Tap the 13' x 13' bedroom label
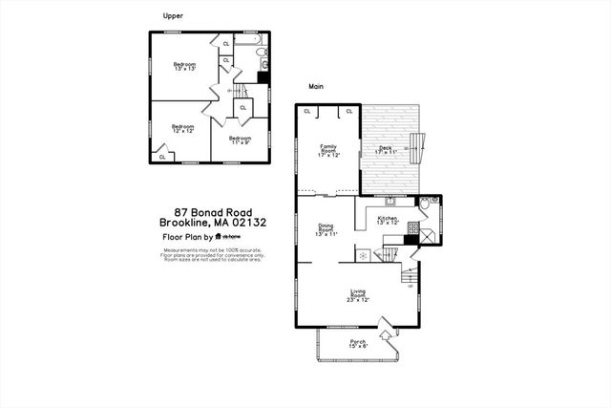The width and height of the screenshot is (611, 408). tap(185, 67)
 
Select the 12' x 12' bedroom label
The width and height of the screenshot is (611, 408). tap(183, 128)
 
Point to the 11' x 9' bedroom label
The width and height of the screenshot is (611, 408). tap(239, 140)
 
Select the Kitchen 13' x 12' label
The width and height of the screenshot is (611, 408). tap(388, 221)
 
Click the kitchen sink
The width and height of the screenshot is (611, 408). tap(390, 202)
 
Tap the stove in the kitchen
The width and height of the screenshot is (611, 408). tap(412, 228)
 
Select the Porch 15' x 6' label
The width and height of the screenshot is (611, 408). tap(358, 344)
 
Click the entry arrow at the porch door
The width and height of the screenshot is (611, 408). tap(385, 335)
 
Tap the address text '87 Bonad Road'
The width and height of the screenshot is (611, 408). tap(213, 212)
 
